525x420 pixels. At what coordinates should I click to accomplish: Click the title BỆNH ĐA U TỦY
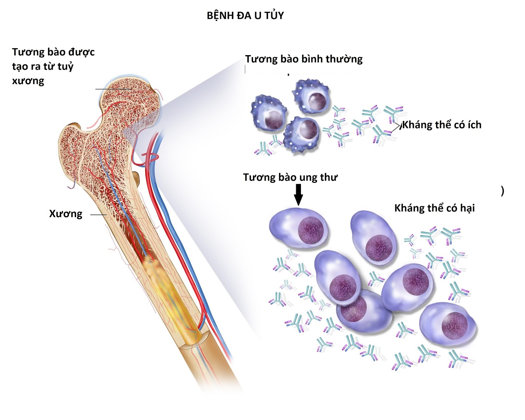(x=245, y=15)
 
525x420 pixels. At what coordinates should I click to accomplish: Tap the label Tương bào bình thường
(x=304, y=59)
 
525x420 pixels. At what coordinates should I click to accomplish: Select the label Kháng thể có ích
(x=442, y=125)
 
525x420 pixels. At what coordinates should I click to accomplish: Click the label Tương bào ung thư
(x=290, y=178)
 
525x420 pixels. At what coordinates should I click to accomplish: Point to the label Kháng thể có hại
(x=434, y=208)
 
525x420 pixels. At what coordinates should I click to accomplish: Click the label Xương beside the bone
(x=66, y=214)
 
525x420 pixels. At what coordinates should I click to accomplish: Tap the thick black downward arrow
(x=298, y=194)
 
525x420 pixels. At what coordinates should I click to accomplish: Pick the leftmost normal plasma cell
(x=269, y=113)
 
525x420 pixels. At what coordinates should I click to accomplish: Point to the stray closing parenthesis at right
(x=502, y=191)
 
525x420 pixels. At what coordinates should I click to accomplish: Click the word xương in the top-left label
(x=28, y=81)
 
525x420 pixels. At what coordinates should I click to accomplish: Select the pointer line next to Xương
(x=98, y=215)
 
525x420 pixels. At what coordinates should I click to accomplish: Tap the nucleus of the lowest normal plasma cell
(x=308, y=129)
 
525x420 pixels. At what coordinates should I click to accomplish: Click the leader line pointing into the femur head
(x=113, y=89)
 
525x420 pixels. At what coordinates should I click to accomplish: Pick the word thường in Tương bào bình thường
(x=344, y=59)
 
